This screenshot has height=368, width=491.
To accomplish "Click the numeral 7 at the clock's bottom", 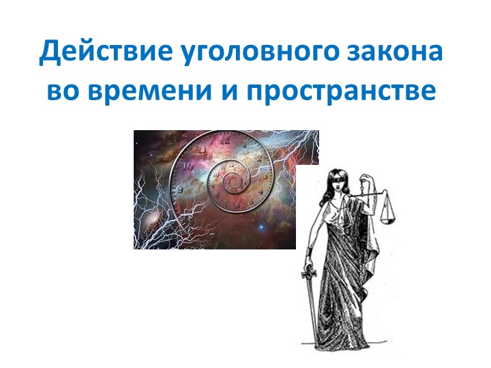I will pyautogui.click(x=211, y=236).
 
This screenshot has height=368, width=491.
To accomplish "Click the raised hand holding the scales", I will pyautogui.click(x=366, y=175).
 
